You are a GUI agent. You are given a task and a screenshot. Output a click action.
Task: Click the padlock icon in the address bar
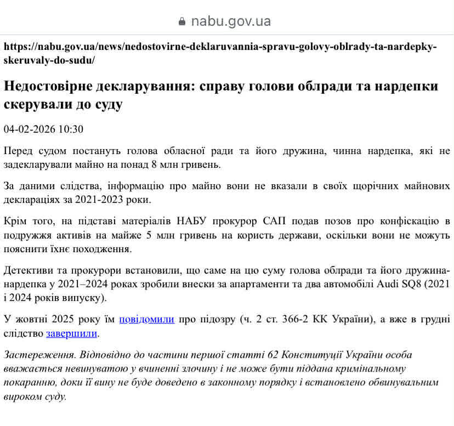coord(183,22)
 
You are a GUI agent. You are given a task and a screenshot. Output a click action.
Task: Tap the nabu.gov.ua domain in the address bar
coord(231,22)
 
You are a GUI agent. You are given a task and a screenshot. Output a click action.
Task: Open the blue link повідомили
coord(146,319)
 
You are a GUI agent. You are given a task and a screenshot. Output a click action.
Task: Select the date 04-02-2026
coord(30,129)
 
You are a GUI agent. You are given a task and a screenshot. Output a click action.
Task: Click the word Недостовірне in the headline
coord(52,87)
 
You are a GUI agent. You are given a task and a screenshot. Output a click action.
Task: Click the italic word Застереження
coord(37,354)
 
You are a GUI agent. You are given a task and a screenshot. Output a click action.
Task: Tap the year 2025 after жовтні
coord(64,319)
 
